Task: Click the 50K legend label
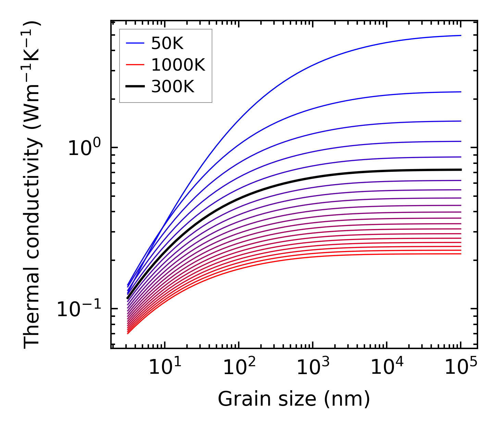(x=167, y=44)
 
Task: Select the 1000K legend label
(x=178, y=65)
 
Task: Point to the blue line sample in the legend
(x=135, y=43)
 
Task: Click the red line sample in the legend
(x=135, y=65)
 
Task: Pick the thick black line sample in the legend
(x=135, y=86)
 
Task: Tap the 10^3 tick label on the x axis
(x=313, y=367)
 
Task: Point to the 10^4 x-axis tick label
(x=387, y=367)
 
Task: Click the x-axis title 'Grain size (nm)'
(x=294, y=399)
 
